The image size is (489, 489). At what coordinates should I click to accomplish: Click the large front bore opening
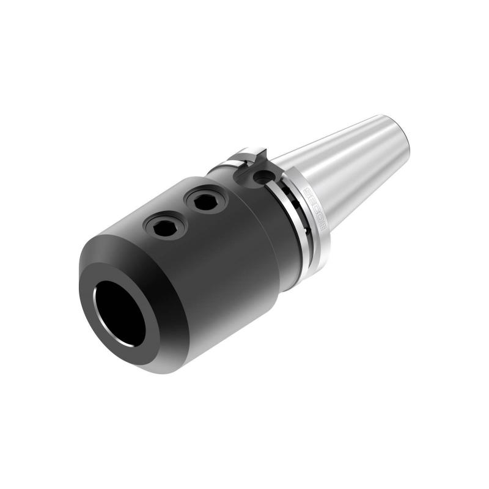[x=120, y=314]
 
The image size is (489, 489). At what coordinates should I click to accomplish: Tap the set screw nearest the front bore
[x=165, y=227]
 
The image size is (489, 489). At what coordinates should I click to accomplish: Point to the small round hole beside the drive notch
[x=263, y=177]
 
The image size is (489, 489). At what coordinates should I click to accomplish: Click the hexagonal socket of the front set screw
[x=165, y=227]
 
